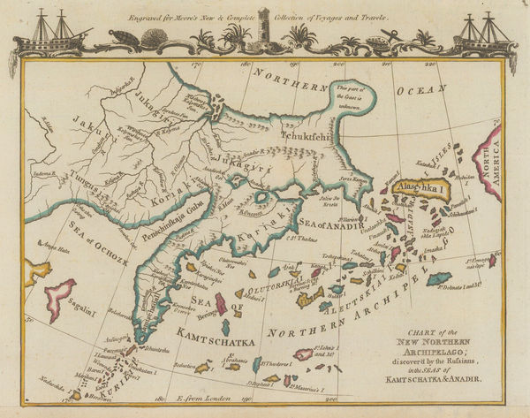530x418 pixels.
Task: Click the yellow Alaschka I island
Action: (x=423, y=187)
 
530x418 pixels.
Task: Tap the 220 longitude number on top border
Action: (x=429, y=64)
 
